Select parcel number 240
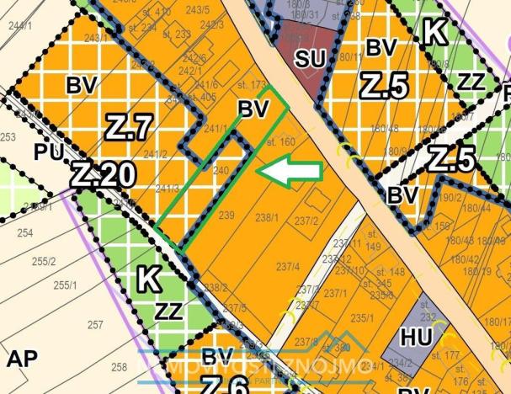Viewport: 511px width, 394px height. tap(221, 170)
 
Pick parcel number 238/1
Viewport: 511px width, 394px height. tap(267, 217)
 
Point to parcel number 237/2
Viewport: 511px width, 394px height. tap(306, 221)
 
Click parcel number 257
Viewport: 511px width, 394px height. tap(95, 324)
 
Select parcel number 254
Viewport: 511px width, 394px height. tap(24, 232)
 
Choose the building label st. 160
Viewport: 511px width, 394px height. tap(279, 142)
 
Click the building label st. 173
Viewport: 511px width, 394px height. tap(253, 85)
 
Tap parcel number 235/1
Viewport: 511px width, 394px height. tap(362, 317)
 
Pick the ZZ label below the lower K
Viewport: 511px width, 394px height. tap(168, 311)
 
